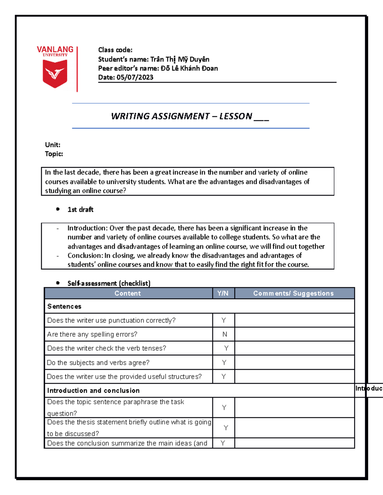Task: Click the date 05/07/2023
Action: (135, 77)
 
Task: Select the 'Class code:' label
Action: (115, 50)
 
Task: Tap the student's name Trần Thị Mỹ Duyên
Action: (180, 59)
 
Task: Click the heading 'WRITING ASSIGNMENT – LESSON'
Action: (181, 116)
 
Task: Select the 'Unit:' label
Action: (53, 145)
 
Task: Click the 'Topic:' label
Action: (54, 154)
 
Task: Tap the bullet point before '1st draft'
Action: (58, 209)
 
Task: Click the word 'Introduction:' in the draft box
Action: (87, 228)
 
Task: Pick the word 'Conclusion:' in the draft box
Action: (85, 256)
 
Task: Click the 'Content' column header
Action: (128, 294)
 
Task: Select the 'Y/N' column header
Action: (223, 294)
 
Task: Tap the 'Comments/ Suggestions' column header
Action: (293, 294)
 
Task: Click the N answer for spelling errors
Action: (225, 334)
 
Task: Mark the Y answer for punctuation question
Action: (224, 320)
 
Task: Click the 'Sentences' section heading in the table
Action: (64, 307)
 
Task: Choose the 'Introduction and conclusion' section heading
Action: (94, 391)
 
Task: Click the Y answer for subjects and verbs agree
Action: (224, 363)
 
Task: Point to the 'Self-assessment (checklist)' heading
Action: (109, 283)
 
